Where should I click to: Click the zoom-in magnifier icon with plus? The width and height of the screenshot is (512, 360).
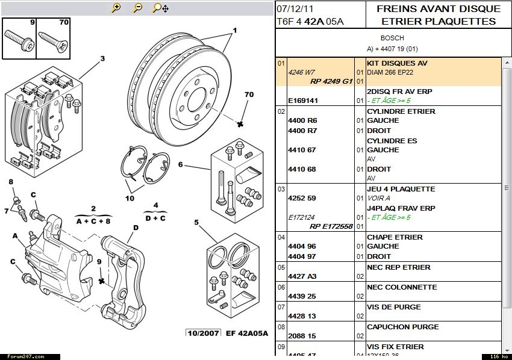(x=116, y=8)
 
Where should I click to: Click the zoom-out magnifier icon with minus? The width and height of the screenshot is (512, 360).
(x=138, y=8)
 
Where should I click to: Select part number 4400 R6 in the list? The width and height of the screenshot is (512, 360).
(x=302, y=121)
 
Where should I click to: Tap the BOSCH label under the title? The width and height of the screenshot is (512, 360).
(x=392, y=38)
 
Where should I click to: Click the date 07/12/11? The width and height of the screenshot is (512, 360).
(x=295, y=8)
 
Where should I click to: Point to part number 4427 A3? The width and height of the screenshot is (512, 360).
(x=302, y=276)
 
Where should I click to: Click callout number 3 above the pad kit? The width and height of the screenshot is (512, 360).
(x=102, y=58)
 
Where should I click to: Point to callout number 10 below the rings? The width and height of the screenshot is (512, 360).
(x=130, y=198)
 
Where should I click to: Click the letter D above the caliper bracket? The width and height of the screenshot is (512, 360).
(x=136, y=228)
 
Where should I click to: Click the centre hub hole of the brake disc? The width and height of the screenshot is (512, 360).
(x=199, y=99)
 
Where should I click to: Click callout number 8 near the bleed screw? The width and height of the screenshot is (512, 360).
(x=10, y=181)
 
